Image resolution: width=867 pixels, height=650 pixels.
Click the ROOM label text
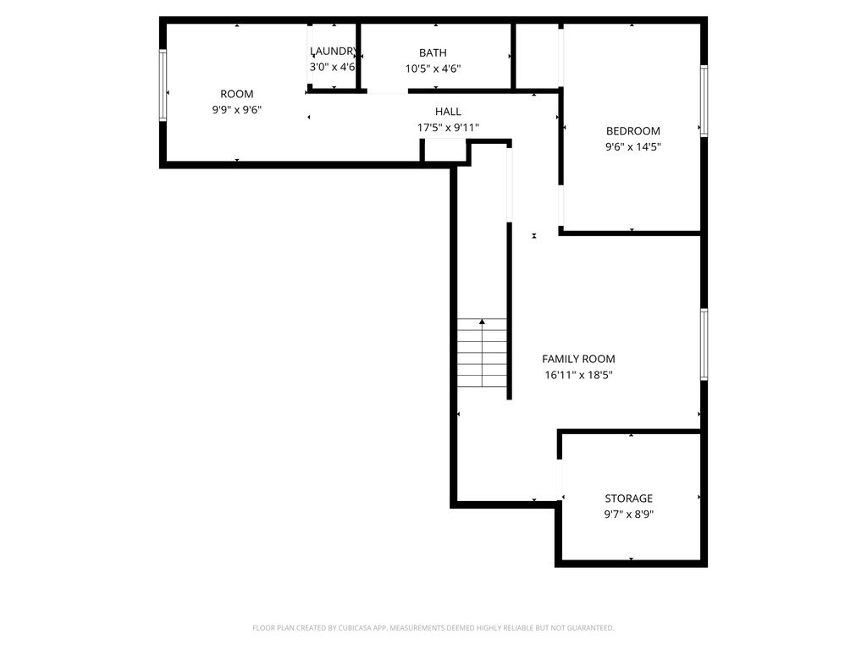click(x=236, y=94)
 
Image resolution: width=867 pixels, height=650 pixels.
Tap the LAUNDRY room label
click(x=333, y=51)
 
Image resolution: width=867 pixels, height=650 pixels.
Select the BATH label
click(x=433, y=52)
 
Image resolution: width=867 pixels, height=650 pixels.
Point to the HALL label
click(x=448, y=112)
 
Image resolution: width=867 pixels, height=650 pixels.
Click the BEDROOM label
click(x=632, y=131)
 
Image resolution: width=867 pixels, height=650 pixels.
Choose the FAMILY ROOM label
click(x=578, y=359)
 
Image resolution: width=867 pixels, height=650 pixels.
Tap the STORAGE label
click(x=628, y=499)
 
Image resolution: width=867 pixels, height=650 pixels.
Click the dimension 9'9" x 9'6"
click(x=236, y=109)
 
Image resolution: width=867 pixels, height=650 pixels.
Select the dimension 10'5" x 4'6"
click(x=433, y=69)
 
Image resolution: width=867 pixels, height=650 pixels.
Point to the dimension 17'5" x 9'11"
click(x=448, y=128)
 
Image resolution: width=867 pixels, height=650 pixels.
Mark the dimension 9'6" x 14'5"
click(x=632, y=146)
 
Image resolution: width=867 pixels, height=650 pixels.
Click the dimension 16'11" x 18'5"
click(x=578, y=375)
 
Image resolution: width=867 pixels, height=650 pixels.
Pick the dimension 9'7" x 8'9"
click(x=628, y=514)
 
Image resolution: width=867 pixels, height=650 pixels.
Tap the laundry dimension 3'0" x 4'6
click(x=332, y=67)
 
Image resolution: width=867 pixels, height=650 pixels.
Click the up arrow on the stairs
click(x=483, y=322)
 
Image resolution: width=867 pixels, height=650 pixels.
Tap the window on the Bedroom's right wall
click(x=704, y=101)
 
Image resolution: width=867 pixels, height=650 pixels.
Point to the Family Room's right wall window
click(x=704, y=344)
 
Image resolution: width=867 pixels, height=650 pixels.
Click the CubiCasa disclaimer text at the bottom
click(x=433, y=628)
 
